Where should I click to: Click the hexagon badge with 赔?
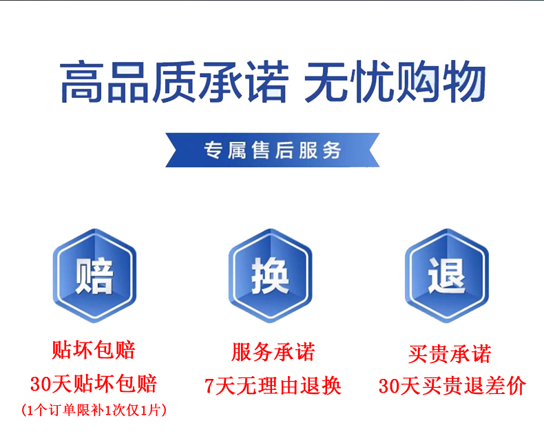pyautogui.click(x=94, y=276)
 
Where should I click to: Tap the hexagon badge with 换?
pyautogui.click(x=270, y=276)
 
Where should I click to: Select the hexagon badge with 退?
pyautogui.click(x=447, y=276)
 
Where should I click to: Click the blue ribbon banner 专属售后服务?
pyautogui.click(x=273, y=150)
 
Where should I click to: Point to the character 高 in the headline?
pyautogui.click(x=82, y=82)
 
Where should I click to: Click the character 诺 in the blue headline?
pyautogui.click(x=266, y=82)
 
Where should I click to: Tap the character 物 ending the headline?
pyautogui.click(x=464, y=82)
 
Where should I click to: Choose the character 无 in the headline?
pyautogui.click(x=326, y=82)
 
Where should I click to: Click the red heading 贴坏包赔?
pyautogui.click(x=94, y=350)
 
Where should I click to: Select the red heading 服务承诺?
pyautogui.click(x=273, y=352)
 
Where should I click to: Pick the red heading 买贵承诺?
pyautogui.click(x=450, y=354)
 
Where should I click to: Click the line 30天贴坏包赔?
pyautogui.click(x=94, y=384)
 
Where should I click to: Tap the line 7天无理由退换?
pyautogui.click(x=273, y=386)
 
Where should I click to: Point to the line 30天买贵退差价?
pyautogui.click(x=452, y=386)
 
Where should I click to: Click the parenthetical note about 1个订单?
pyautogui.click(x=94, y=410)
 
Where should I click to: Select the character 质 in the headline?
pyautogui.click(x=174, y=82)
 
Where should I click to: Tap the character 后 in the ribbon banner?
pyautogui.click(x=284, y=150)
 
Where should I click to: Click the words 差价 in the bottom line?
pyautogui.click(x=506, y=386)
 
